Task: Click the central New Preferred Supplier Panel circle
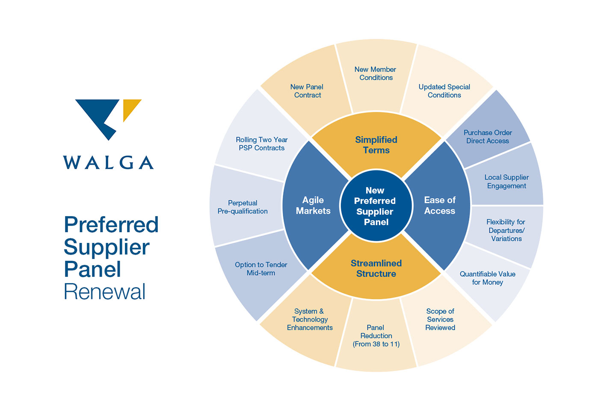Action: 376,206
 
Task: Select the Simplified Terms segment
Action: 376,145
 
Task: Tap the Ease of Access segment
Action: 439,205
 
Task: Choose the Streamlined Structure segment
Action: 376,269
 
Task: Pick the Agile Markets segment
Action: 313,205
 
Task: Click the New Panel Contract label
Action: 307,91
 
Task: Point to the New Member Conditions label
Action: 376,73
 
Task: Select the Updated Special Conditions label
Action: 444,91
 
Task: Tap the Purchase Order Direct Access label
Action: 488,137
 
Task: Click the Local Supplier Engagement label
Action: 506,182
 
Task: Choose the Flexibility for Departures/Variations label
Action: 506,230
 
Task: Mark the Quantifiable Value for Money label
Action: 487,278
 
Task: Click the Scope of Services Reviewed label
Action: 440,319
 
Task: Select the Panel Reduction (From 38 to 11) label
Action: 376,336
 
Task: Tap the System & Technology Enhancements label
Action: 310,319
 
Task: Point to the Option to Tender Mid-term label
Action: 261,269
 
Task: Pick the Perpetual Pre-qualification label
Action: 243,207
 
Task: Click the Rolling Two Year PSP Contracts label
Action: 261,144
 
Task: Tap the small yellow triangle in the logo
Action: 130,108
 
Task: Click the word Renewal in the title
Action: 105,292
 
